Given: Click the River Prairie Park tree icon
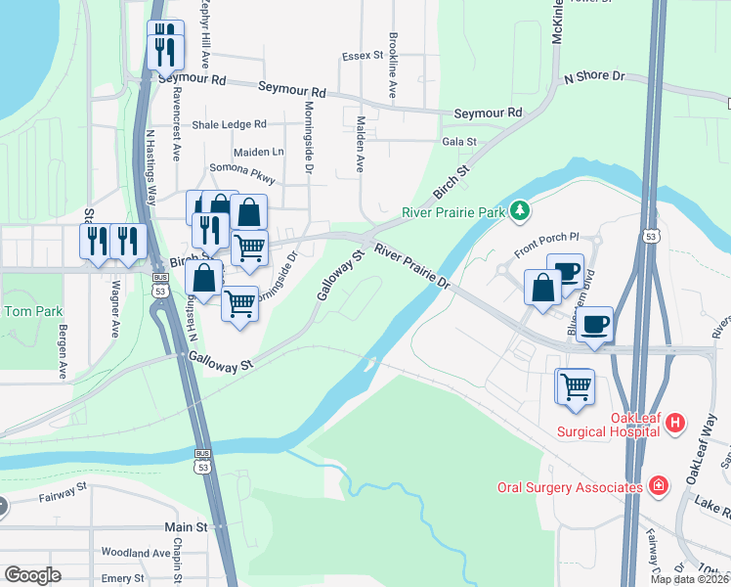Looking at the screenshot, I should coord(522,210).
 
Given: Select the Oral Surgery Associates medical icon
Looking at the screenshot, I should coord(660,485).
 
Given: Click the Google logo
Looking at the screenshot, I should coord(32,574).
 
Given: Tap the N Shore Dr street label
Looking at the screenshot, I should coord(593,76).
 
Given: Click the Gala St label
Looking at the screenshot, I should coord(458,142).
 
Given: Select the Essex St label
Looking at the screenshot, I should coord(362,57).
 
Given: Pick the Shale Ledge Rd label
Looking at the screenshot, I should coord(229,124).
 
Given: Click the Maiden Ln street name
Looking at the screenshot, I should coord(258,152).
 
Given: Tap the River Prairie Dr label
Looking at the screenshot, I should coord(411,267).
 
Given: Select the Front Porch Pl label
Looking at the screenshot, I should coord(547,243).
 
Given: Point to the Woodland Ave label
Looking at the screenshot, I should coord(136,553).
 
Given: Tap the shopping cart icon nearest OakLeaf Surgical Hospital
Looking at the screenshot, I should coord(576,384).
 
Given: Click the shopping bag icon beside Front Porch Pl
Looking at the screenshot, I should coord(542,287).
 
